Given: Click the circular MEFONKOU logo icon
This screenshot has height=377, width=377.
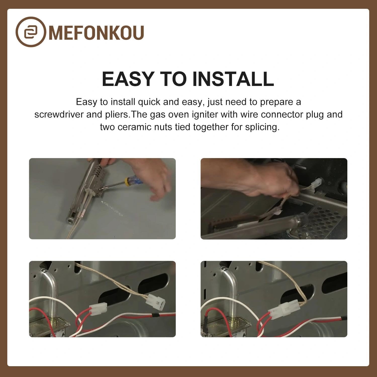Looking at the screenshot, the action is (31, 32).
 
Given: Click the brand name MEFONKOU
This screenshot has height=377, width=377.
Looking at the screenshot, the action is (96, 32).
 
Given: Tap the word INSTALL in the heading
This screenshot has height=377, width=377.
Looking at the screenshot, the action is (233, 79).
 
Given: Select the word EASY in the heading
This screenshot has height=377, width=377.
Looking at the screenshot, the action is (128, 79).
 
